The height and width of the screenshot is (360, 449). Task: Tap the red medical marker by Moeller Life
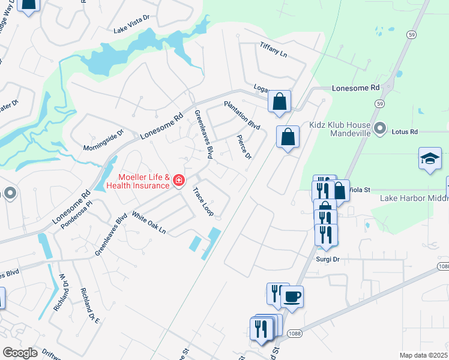point(178,180)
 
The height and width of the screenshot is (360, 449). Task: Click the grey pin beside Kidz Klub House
point(379,128)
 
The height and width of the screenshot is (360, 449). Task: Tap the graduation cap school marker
point(430,160)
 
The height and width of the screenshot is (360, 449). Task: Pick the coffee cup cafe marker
point(292,296)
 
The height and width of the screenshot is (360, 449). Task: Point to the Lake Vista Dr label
point(131,28)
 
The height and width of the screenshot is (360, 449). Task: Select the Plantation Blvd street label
point(242,115)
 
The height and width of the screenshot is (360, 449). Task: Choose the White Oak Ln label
point(148,223)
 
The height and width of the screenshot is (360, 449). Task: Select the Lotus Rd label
point(404,130)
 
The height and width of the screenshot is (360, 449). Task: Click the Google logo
point(20,353)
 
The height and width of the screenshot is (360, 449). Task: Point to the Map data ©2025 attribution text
point(423,355)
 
